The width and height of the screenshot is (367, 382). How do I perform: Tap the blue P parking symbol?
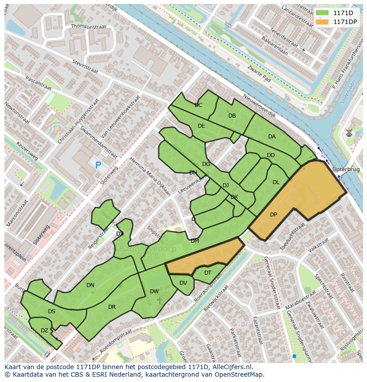[98, 165]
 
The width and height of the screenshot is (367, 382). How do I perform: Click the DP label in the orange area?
[273, 215]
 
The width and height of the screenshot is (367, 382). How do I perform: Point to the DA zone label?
[272, 137]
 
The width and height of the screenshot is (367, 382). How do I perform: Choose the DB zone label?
[232, 116]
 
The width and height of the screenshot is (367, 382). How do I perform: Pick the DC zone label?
[198, 105]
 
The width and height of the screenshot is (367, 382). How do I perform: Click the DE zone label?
[201, 126]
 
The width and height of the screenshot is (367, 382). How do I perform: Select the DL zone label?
[276, 182]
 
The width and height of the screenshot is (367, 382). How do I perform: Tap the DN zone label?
[90, 285]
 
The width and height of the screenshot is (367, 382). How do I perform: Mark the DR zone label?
[112, 307]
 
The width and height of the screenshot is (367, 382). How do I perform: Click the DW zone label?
[154, 291]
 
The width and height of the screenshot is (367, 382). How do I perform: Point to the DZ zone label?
[44, 331]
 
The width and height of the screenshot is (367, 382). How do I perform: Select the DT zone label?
[208, 273]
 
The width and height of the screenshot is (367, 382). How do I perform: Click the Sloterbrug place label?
[346, 169]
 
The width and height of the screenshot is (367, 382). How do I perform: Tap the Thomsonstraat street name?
[89, 27]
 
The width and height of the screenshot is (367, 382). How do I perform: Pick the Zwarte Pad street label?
[260, 73]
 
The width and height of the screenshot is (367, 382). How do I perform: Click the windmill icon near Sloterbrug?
[349, 133]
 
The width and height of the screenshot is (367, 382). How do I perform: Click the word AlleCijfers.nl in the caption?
[231, 367]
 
